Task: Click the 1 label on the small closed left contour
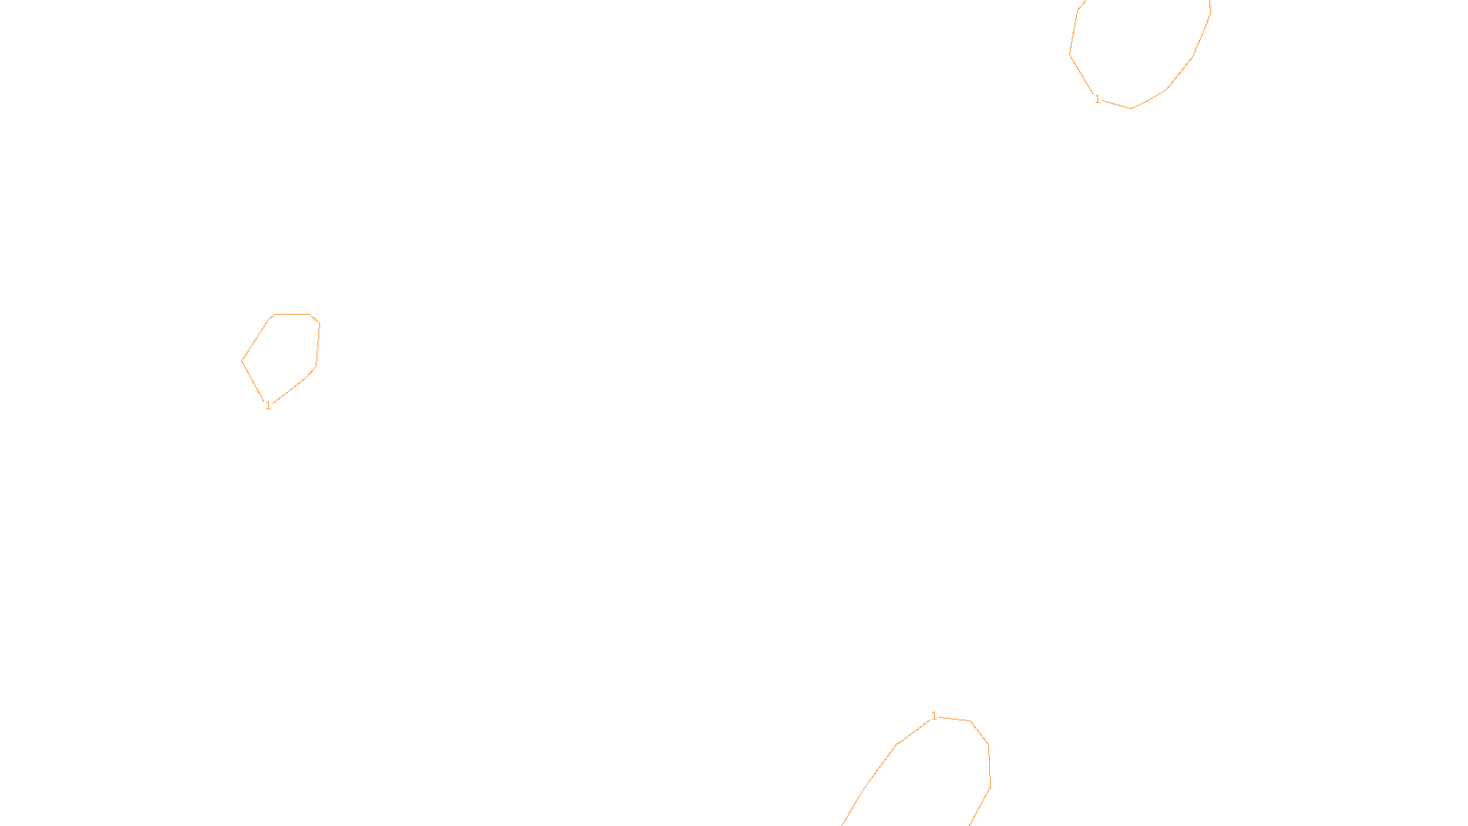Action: pyautogui.click(x=268, y=405)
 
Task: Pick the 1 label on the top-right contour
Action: pyautogui.click(x=1097, y=99)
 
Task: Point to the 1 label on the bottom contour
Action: pyautogui.click(x=934, y=716)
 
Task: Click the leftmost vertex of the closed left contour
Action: pyautogui.click(x=242, y=361)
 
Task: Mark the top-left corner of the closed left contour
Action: pyautogui.click(x=273, y=315)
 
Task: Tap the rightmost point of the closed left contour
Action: pyautogui.click(x=319, y=324)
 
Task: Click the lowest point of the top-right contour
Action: pyautogui.click(x=1130, y=108)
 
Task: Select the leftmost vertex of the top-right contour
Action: pyautogui.click(x=1070, y=54)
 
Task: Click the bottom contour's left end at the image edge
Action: pyautogui.click(x=843, y=824)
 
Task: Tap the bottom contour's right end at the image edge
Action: pyautogui.click(x=970, y=824)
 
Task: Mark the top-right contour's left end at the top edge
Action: pyautogui.click(x=1084, y=2)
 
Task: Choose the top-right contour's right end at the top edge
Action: pyautogui.click(x=1209, y=2)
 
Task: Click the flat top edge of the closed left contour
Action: pyautogui.click(x=292, y=314)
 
